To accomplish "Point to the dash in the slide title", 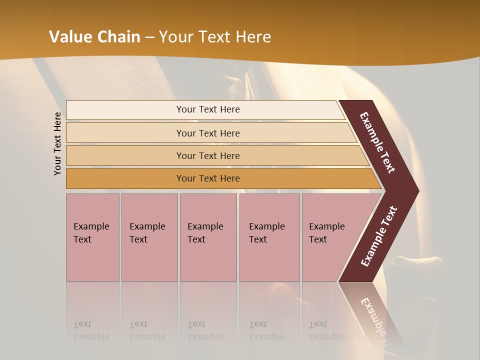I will pyautogui.click(x=149, y=37).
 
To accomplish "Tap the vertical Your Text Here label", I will pyautogui.click(x=57, y=143).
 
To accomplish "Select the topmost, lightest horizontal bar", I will pyautogui.click(x=207, y=109).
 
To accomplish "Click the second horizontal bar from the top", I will pyautogui.click(x=207, y=133).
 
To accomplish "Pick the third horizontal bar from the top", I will pyautogui.click(x=207, y=155).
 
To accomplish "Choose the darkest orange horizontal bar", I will pyautogui.click(x=207, y=178).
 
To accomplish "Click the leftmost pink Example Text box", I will pyautogui.click(x=92, y=237).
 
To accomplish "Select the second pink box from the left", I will pyautogui.click(x=149, y=237).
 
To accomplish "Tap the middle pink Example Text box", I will pyautogui.click(x=208, y=237).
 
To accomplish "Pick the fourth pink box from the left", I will pyautogui.click(x=269, y=237).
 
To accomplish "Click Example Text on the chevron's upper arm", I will pyautogui.click(x=377, y=142).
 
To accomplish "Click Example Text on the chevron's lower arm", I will pyautogui.click(x=379, y=236).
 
